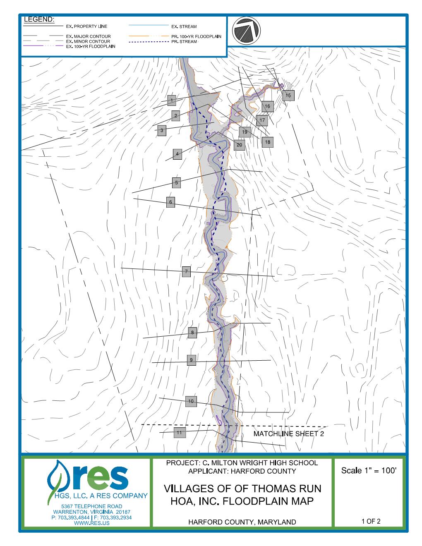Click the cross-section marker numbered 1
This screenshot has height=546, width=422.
(172, 100)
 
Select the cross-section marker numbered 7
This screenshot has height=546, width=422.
(186, 272)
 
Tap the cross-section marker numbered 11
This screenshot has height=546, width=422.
(179, 433)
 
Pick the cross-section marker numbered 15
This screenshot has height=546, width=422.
(288, 96)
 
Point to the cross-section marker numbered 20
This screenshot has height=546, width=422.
(240, 145)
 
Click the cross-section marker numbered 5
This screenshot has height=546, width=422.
(176, 182)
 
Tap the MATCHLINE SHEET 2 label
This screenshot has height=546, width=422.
(288, 434)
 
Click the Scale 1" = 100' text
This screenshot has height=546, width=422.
(369, 471)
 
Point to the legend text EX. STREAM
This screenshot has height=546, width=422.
(181, 26)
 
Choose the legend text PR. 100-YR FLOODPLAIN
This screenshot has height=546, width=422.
(196, 36)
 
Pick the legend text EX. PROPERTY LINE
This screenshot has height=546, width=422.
(86, 26)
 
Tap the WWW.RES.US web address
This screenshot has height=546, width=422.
(91, 523)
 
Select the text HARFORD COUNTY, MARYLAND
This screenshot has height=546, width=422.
(242, 522)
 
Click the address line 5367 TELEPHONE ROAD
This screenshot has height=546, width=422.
(91, 506)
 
